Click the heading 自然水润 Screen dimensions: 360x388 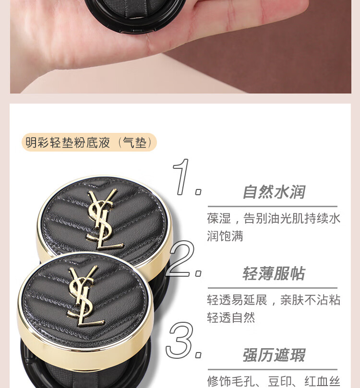(x=274, y=192)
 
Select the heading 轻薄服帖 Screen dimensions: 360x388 (x=274, y=273)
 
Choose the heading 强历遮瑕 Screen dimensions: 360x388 (x=274, y=355)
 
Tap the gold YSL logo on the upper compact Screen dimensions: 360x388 (x=104, y=219)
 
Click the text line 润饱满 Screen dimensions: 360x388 (x=225, y=236)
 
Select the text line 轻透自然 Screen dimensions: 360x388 (x=231, y=317)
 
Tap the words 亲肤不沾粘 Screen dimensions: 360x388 (x=310, y=300)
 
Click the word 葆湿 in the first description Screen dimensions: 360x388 (x=219, y=219)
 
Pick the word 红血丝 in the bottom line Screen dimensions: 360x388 (x=323, y=381)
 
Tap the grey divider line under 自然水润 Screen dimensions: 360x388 (x=273, y=206)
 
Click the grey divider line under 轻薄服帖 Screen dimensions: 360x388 (x=273, y=288)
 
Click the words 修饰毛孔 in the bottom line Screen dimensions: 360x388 (x=231, y=381)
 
